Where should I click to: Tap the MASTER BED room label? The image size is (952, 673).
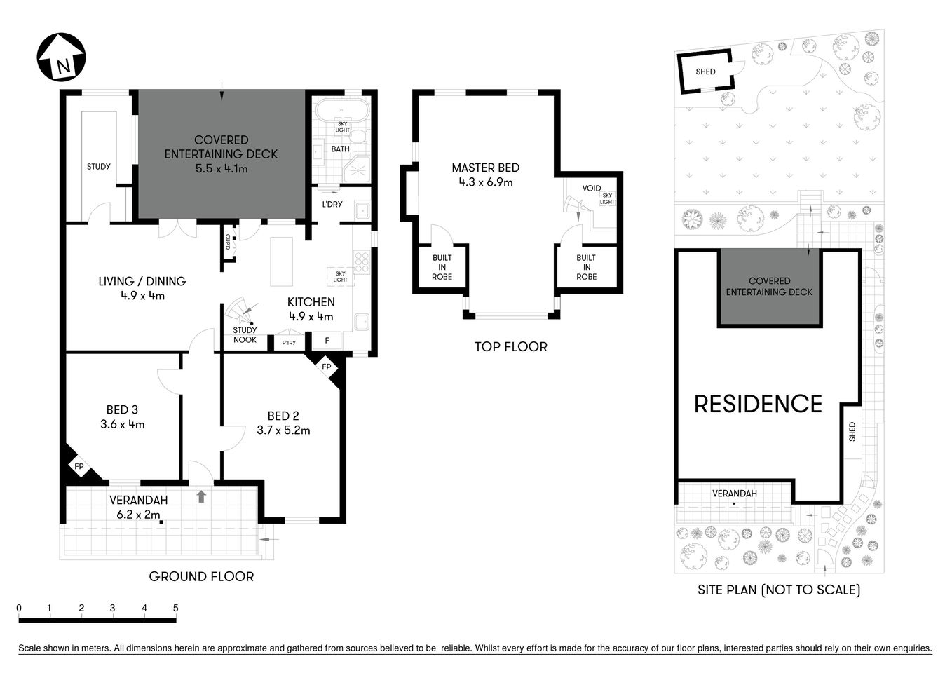(x=485, y=168)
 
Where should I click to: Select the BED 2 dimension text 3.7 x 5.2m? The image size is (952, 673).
(x=283, y=430)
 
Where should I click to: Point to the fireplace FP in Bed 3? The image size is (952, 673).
(x=79, y=466)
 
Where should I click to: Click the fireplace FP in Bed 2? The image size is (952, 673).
(x=327, y=367)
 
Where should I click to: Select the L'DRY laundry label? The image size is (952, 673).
(x=332, y=204)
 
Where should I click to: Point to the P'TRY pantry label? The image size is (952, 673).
(x=289, y=343)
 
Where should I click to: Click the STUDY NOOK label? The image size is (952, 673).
(x=245, y=334)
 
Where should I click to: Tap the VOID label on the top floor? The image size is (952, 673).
(x=592, y=189)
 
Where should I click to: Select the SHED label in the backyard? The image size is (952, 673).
(x=705, y=72)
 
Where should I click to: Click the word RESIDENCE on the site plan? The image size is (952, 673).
(x=758, y=404)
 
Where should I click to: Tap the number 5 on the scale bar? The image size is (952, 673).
(x=176, y=608)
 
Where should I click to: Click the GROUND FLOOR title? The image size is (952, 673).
(x=201, y=576)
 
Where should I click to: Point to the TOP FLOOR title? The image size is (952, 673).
(x=510, y=346)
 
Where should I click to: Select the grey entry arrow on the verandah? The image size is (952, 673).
(x=201, y=496)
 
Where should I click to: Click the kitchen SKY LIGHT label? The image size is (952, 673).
(x=340, y=276)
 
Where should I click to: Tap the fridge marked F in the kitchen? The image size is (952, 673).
(x=327, y=341)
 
